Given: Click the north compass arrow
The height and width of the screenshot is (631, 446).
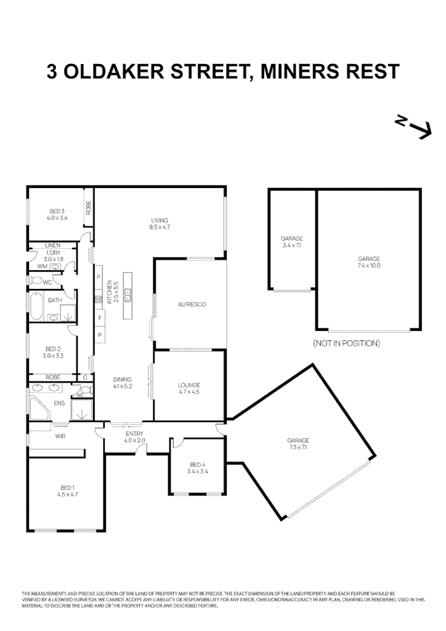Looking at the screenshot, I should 413,126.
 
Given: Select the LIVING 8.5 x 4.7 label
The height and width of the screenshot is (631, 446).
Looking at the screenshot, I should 159,224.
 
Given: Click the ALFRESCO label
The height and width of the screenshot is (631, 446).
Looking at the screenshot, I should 191,304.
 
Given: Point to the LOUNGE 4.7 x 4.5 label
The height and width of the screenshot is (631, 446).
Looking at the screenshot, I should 189,388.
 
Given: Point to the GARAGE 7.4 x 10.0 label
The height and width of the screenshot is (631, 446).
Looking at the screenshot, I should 369,263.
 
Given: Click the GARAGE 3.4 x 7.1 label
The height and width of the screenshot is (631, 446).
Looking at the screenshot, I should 291,242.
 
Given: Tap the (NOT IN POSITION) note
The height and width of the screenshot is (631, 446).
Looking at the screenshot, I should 346,343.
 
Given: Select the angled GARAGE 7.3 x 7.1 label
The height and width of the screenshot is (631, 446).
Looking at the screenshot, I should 298,444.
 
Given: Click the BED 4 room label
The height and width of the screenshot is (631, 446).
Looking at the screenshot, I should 198,468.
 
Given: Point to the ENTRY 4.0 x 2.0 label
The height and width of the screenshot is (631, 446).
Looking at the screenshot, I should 134,437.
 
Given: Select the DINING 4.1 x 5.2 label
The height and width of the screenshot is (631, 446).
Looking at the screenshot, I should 123,383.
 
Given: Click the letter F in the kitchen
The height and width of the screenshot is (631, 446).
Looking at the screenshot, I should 99,318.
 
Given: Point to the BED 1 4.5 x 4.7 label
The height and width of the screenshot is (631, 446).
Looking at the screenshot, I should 67,491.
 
